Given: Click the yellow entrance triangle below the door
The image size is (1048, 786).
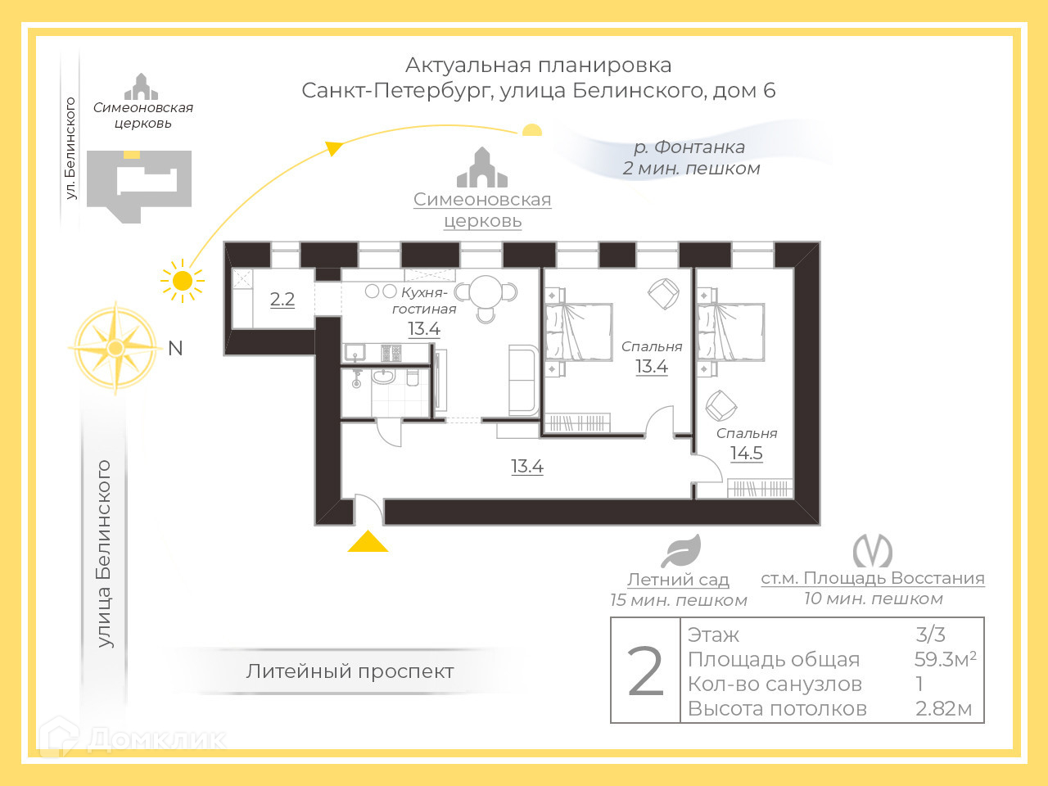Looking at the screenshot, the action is (368, 542).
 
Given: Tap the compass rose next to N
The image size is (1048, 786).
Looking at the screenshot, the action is (115, 348).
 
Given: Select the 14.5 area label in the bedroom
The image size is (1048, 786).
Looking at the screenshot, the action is (746, 453).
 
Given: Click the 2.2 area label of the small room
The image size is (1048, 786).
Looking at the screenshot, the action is (282, 299).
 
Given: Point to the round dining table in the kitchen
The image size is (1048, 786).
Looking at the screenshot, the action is (486, 292).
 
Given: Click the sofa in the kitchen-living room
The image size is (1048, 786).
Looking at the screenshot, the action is (524, 380).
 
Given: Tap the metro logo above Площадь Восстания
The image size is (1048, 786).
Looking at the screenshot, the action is (872, 551).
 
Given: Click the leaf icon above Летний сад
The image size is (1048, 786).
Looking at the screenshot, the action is (680, 551).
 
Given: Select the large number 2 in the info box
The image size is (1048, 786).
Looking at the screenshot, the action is (645, 671).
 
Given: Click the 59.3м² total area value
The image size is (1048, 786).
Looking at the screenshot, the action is (945, 659).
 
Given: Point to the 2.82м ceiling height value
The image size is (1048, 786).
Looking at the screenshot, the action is (943, 708).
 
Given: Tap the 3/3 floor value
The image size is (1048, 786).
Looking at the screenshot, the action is (930, 635).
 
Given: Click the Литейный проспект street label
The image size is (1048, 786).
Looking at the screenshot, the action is (350, 671).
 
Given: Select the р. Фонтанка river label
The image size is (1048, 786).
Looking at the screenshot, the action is (689, 147).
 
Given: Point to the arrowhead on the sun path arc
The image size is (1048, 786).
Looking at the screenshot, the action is (333, 148).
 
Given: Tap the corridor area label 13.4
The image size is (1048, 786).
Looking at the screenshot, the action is (526, 467).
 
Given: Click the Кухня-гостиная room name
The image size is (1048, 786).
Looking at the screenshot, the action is (424, 300).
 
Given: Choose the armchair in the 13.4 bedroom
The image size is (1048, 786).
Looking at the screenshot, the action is (663, 293).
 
